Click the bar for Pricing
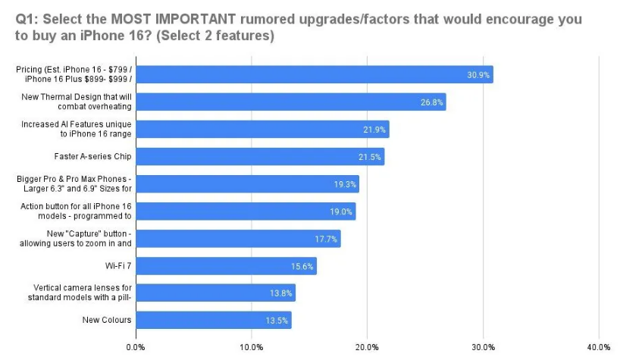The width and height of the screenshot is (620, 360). click(x=314, y=74)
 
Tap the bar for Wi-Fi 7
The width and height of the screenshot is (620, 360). click(x=226, y=265)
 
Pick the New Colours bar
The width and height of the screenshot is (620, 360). click(x=213, y=320)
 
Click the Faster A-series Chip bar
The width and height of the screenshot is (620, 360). click(x=260, y=156)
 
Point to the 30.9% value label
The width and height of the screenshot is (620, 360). click(x=478, y=74)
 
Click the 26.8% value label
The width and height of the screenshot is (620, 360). click(x=431, y=102)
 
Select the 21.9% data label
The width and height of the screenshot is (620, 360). click(x=375, y=129)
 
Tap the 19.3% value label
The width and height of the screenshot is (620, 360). click(x=345, y=183)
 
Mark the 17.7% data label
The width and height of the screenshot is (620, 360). click(x=327, y=238)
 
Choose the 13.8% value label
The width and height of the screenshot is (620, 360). click(x=281, y=293)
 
